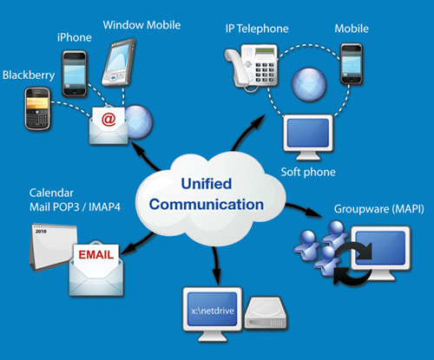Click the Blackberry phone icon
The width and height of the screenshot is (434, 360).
(x=37, y=108)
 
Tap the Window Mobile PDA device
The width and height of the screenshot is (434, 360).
(x=119, y=62)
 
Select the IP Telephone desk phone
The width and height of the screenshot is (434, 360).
(x=251, y=67)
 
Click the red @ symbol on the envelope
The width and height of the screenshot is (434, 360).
(x=108, y=119)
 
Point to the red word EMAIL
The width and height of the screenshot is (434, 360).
(x=96, y=255)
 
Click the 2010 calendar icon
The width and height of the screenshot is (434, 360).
(x=52, y=247)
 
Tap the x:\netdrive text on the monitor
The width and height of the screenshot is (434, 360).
(x=213, y=311)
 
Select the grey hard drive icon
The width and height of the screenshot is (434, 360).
(x=266, y=313)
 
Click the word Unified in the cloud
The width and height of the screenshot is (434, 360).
(x=207, y=184)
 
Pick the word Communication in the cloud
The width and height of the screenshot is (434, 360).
(x=207, y=205)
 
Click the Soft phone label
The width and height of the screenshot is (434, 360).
(x=308, y=172)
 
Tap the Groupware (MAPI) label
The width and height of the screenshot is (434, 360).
(x=379, y=209)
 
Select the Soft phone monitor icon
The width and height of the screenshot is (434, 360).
(x=308, y=137)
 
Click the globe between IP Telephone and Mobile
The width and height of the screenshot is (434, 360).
(x=309, y=85)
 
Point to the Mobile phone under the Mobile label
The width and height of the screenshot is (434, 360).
(x=352, y=64)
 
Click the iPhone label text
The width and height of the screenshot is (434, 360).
(x=75, y=37)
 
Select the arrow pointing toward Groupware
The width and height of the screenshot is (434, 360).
(x=304, y=210)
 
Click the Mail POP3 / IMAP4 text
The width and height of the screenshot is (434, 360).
(x=75, y=207)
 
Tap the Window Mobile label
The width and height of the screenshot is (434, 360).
(x=141, y=25)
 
